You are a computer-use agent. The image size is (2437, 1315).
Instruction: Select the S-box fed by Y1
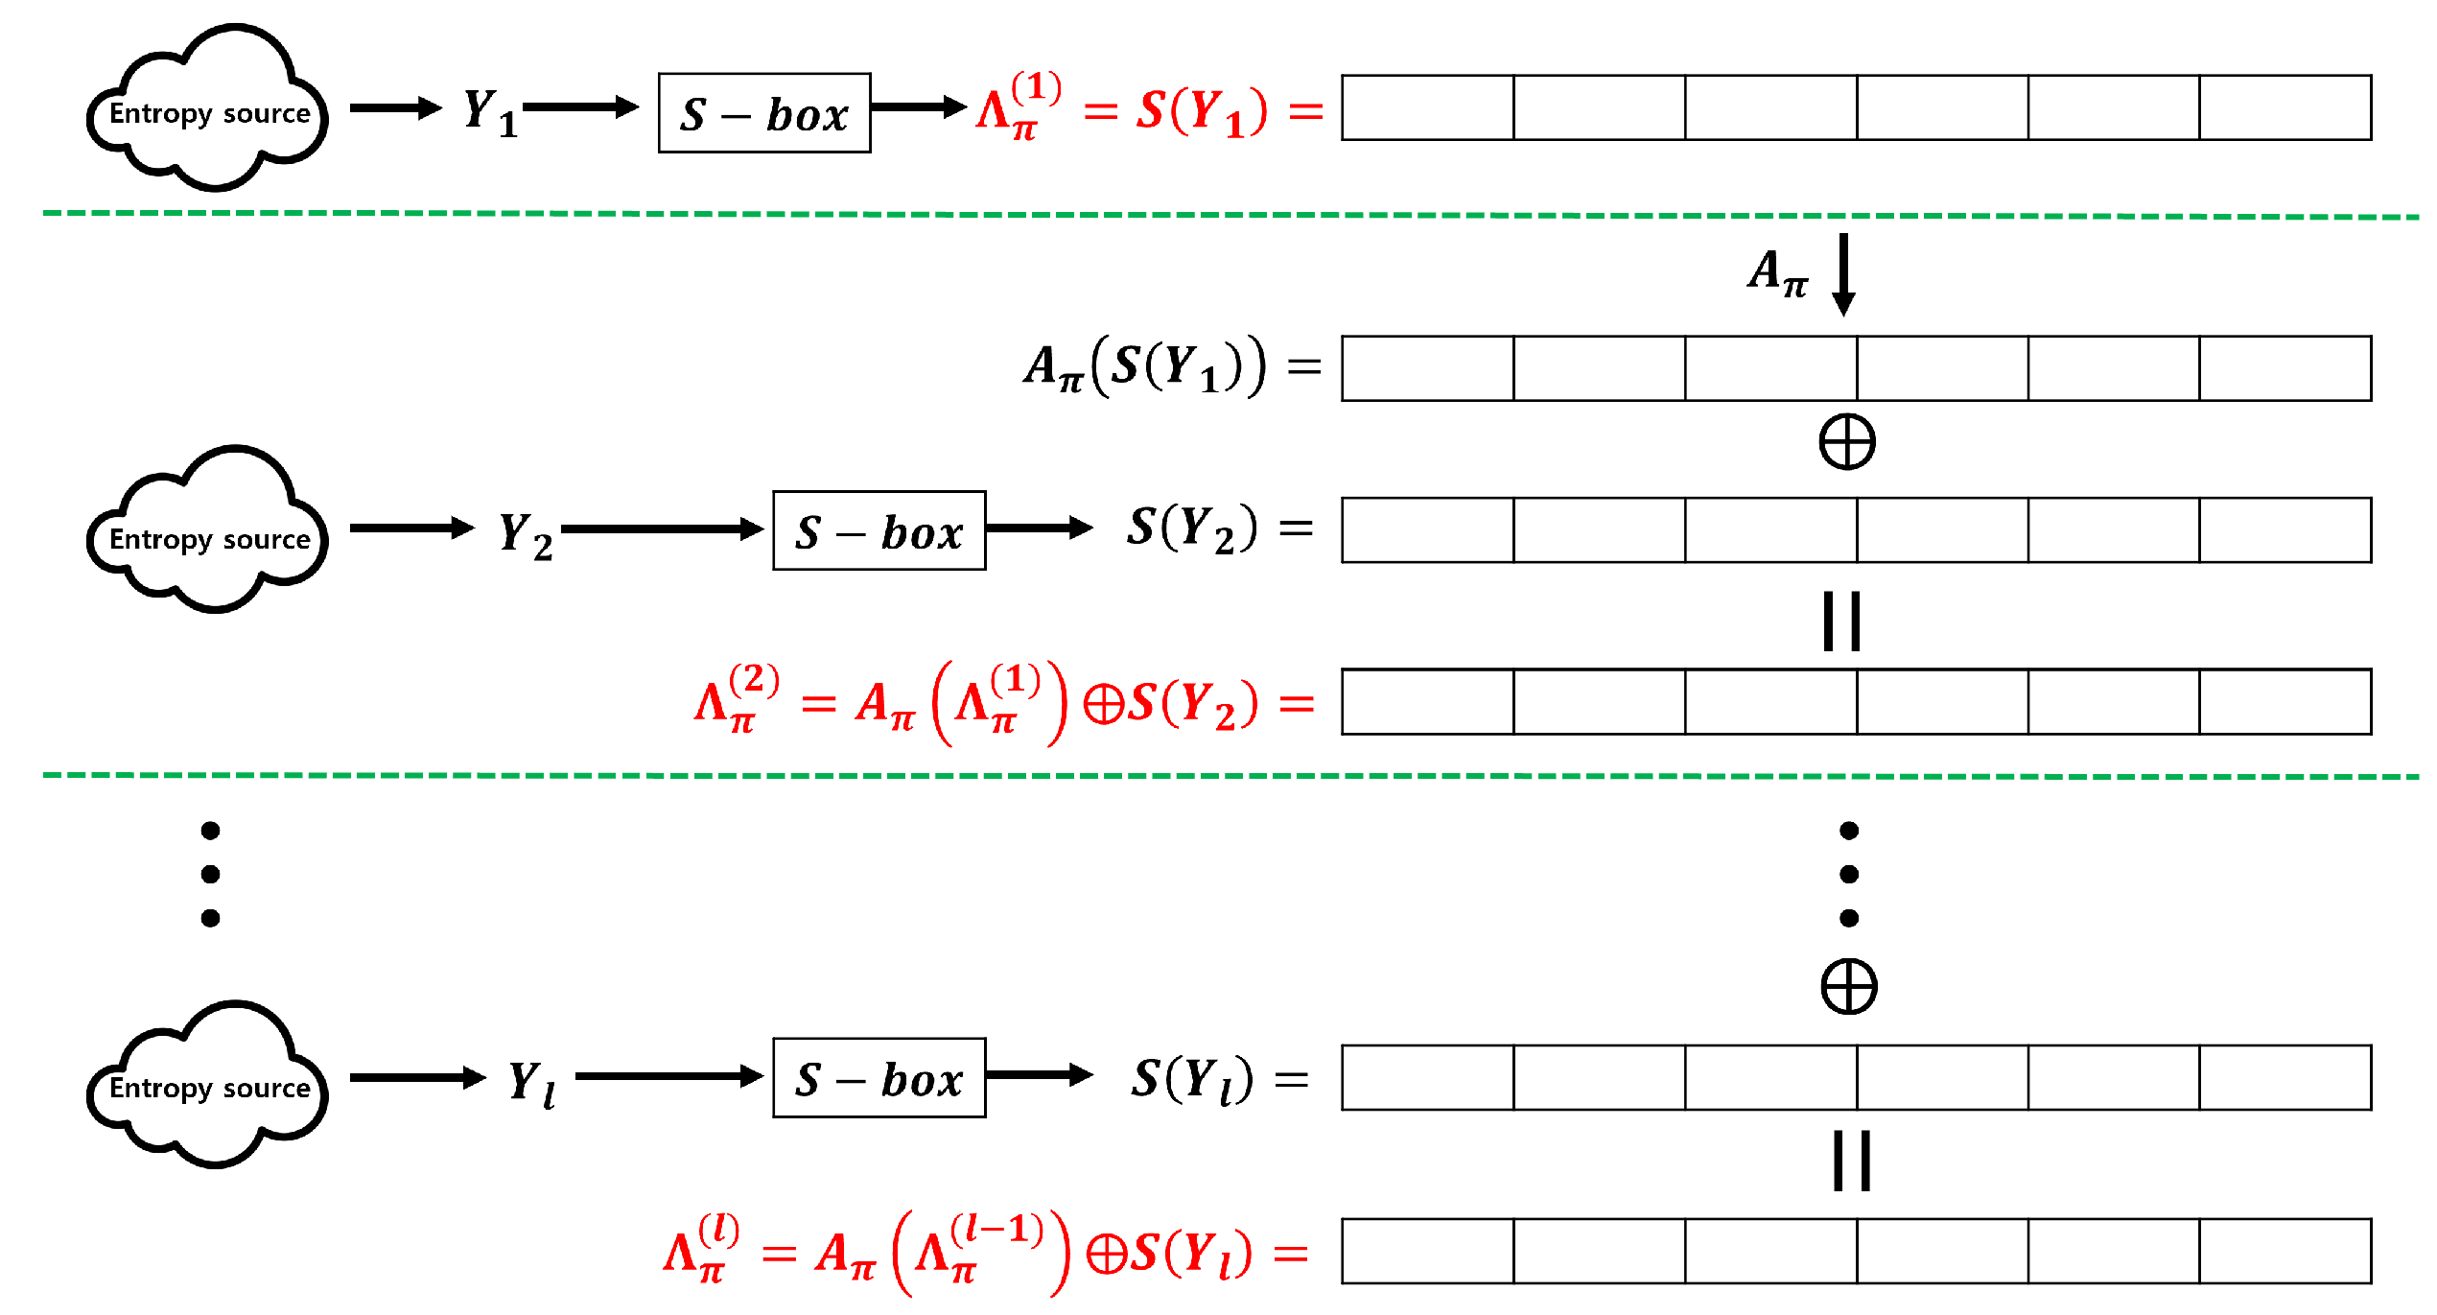point(764,113)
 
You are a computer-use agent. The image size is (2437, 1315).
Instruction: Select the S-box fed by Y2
point(879,530)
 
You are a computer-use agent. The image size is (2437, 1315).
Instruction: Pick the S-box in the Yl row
point(879,1078)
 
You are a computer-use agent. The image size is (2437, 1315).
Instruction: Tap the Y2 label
point(526,534)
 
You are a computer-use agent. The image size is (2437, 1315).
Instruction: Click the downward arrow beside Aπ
point(1842,274)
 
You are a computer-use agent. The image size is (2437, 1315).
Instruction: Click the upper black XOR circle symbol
point(1846,442)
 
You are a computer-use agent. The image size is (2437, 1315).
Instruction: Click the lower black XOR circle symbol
point(1848,987)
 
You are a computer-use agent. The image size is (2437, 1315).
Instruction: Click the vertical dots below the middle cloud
point(210,874)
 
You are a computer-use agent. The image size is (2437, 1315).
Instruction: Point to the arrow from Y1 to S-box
point(580,106)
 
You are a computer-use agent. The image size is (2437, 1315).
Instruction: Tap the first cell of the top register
point(1427,107)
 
